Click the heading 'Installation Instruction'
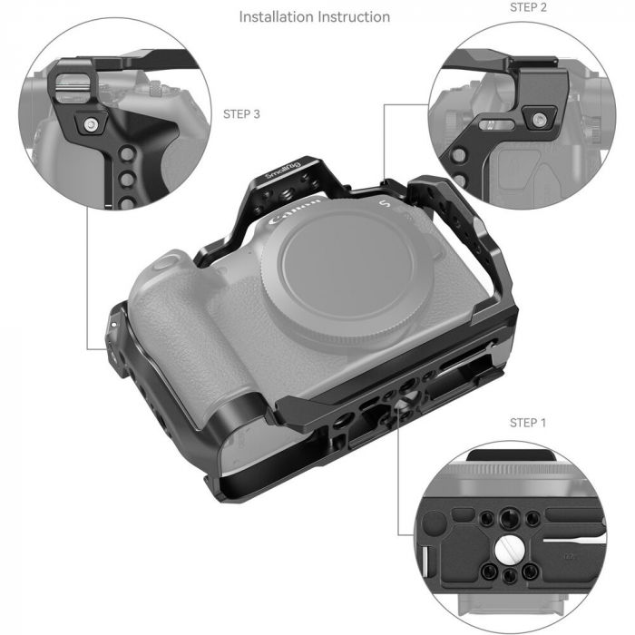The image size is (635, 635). pyautogui.click(x=315, y=16)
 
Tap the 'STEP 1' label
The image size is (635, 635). pyautogui.click(x=528, y=423)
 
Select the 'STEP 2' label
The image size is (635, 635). pyautogui.click(x=528, y=6)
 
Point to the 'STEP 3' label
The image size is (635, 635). pyautogui.click(x=241, y=114)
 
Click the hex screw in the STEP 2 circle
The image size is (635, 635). pyautogui.click(x=541, y=118)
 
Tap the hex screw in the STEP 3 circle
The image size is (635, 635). pyautogui.click(x=91, y=123)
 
